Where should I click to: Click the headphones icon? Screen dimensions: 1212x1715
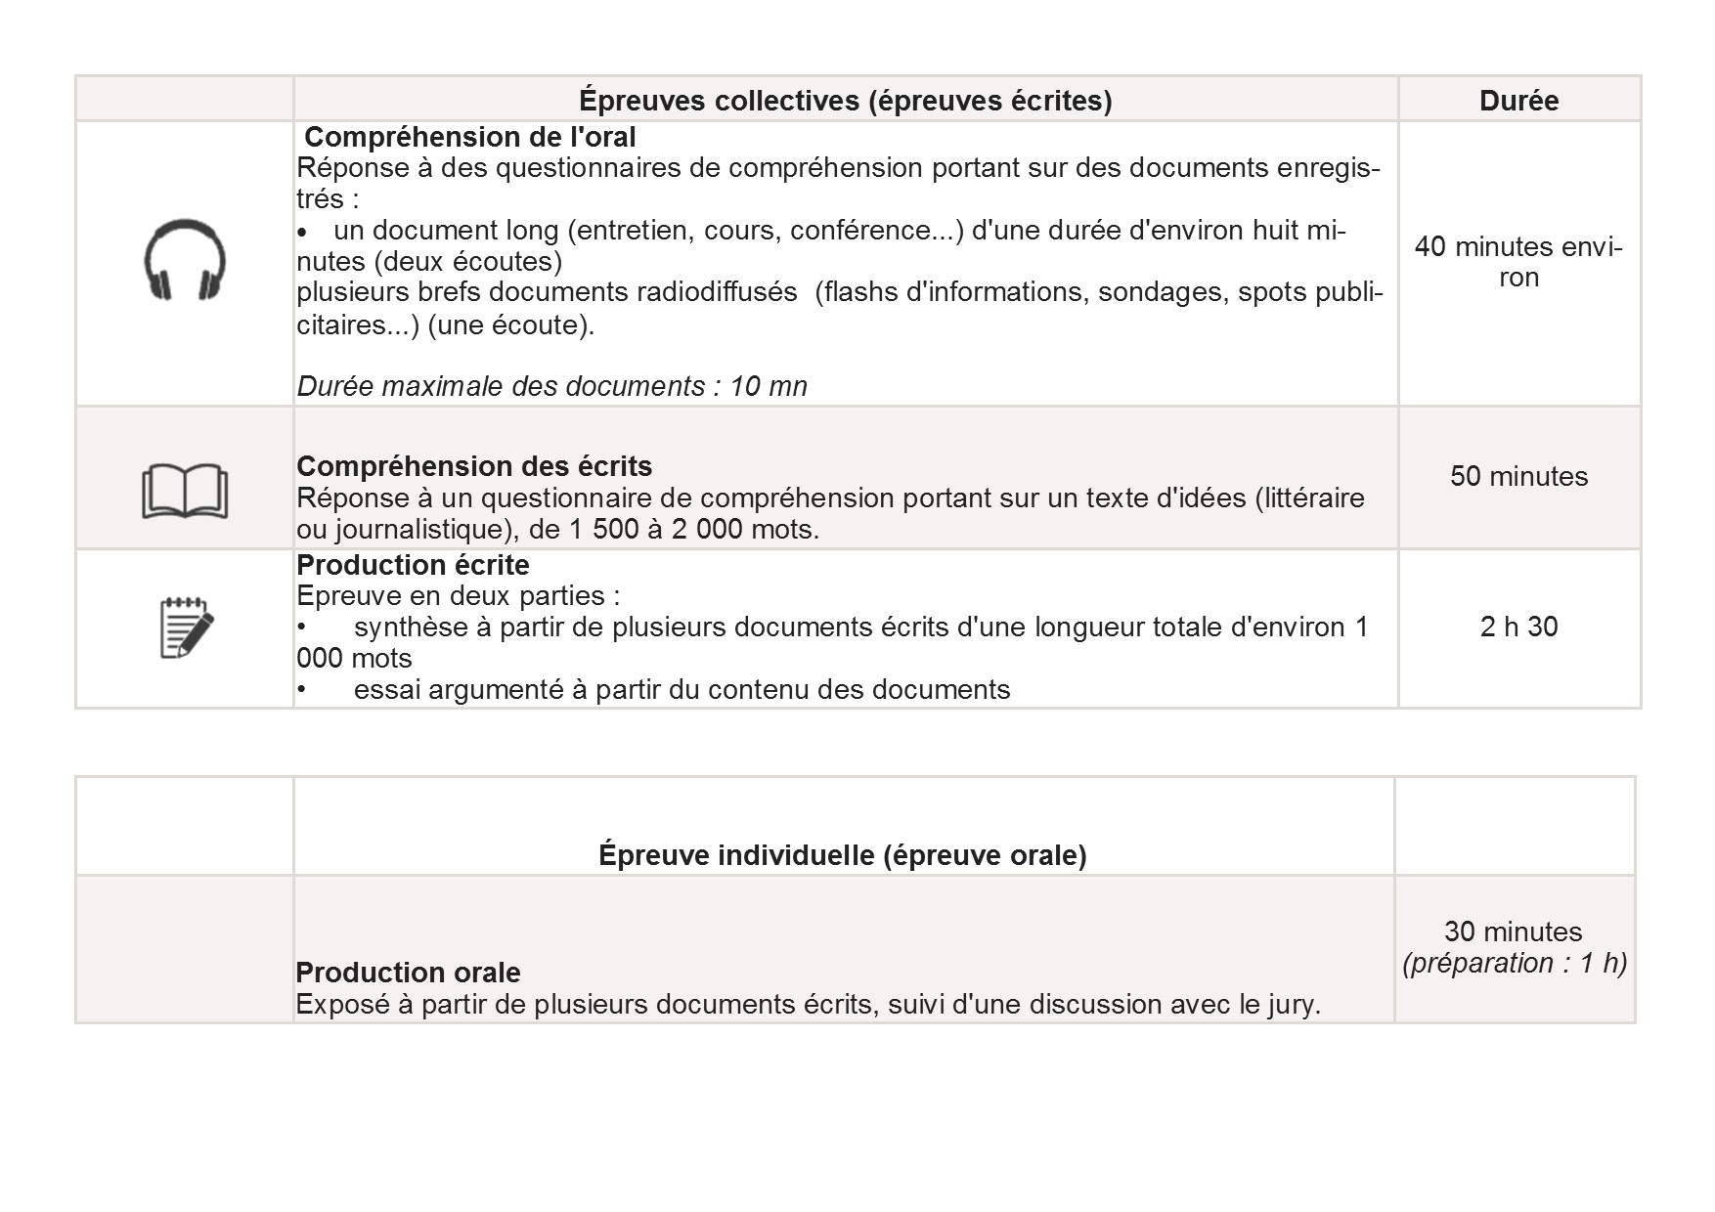point(185,259)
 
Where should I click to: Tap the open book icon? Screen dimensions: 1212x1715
point(185,490)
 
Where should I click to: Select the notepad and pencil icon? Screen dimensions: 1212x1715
point(186,628)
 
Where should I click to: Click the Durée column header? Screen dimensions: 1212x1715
point(1518,100)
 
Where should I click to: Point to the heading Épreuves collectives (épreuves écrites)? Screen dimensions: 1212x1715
point(845,100)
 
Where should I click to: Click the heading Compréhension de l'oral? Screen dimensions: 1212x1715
point(469,137)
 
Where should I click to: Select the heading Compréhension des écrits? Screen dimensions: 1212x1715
point(474,466)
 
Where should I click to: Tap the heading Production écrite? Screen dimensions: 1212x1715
point(413,565)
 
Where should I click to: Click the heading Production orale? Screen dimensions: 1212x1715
point(408,973)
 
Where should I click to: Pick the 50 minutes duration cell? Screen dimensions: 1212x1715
point(1518,477)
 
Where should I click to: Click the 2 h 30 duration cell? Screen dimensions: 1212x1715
point(1518,627)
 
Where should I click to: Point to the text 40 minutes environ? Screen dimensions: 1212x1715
point(1518,262)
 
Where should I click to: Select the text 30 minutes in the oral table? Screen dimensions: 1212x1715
point(1513,931)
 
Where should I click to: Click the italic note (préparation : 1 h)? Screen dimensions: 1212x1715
point(1515,964)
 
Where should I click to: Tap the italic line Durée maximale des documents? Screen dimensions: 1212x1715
point(551,387)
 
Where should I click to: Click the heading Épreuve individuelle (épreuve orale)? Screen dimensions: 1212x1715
point(842,855)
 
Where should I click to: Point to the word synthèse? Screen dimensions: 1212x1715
point(411,628)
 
